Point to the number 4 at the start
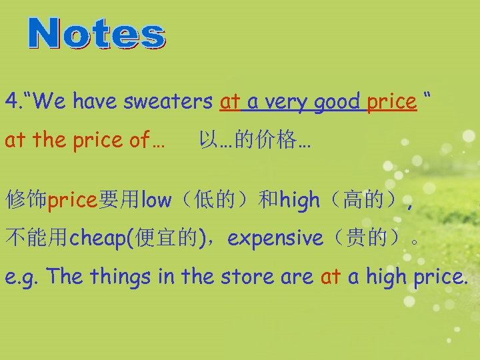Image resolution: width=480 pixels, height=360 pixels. (10, 102)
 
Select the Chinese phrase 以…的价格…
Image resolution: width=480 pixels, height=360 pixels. (255, 141)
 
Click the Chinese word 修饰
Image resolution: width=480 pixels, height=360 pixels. (26, 199)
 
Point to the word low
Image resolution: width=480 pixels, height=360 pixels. (157, 199)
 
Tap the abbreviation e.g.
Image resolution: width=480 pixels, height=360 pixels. (22, 277)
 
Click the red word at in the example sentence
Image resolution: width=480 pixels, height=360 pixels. (331, 276)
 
